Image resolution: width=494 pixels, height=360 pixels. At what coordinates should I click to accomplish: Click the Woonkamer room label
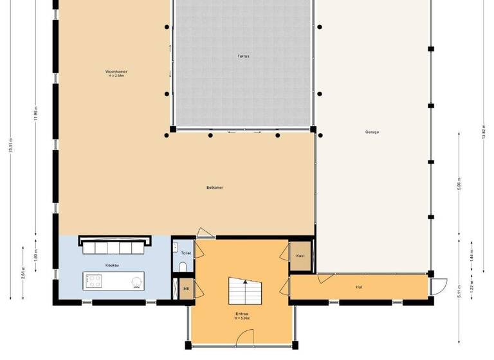click(116, 71)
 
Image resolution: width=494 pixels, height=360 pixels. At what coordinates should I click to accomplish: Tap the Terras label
click(243, 57)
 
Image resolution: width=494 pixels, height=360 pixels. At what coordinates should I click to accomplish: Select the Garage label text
click(372, 132)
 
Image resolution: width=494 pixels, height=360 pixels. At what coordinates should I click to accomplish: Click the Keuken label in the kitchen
click(113, 265)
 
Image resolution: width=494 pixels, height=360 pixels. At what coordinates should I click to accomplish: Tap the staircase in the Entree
click(245, 293)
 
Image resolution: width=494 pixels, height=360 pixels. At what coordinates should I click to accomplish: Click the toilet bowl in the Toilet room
click(183, 267)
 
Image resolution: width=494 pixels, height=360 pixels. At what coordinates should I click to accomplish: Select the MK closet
click(186, 289)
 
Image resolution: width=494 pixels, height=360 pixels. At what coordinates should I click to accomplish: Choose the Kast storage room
click(300, 255)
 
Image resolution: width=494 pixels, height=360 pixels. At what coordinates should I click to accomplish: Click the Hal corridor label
click(358, 287)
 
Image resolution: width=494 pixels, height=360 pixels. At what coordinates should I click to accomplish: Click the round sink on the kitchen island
click(136, 281)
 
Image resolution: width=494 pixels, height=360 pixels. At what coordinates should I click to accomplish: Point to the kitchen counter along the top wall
click(115, 242)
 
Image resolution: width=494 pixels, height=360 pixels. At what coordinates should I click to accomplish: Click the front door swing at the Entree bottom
click(243, 336)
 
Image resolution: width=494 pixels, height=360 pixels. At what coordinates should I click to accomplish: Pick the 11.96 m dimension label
click(36, 113)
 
